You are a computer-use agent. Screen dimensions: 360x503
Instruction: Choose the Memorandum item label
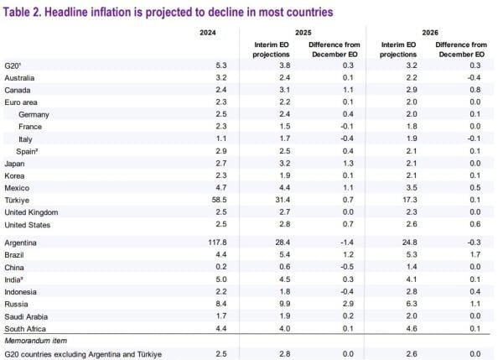35,341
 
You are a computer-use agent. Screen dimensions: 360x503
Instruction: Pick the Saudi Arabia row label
28,316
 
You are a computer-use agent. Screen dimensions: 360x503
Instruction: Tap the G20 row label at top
13,65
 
